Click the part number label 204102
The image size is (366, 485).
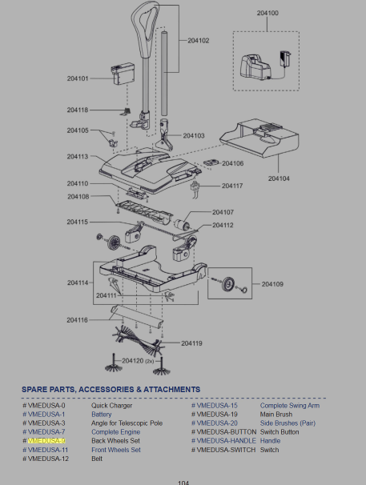coord(199,41)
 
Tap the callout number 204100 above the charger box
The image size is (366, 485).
coord(267,13)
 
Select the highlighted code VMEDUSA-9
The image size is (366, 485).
coord(46,441)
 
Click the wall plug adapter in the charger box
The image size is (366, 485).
coord(285,58)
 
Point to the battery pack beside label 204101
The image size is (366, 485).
coord(123,74)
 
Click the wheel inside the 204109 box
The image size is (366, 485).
coord(228,284)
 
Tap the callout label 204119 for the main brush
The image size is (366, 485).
coord(191,343)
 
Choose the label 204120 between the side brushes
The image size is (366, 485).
coord(132,361)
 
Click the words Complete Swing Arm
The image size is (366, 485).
coord(290,406)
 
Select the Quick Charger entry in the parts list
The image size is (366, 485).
coord(112,406)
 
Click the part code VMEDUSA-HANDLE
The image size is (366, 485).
coord(227,441)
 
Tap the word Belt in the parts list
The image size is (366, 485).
coord(97,459)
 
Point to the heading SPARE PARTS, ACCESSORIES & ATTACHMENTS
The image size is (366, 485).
coord(111,390)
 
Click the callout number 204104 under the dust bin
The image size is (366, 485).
coord(279,178)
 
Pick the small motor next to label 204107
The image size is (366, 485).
coord(182,224)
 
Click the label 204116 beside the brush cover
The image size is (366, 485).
coord(78,320)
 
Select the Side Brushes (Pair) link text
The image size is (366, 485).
coord(288,423)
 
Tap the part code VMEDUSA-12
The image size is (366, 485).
coord(48,459)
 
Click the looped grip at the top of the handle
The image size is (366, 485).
coord(145,30)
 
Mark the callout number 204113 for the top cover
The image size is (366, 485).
coord(78,157)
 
